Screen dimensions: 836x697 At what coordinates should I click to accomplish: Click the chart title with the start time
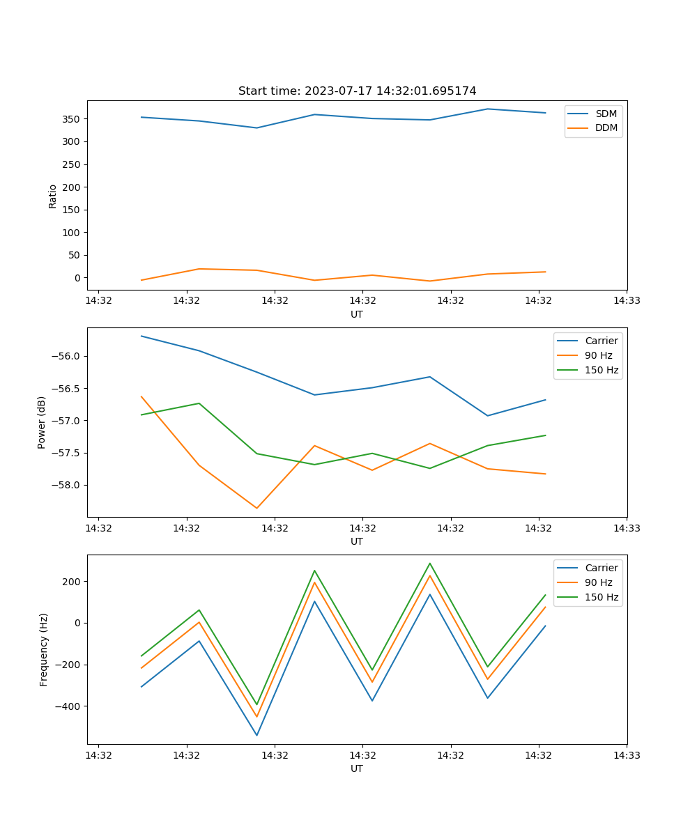[357, 91]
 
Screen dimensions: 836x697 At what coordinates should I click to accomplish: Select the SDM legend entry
[606, 114]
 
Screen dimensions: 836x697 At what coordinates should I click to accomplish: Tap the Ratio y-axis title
[53, 196]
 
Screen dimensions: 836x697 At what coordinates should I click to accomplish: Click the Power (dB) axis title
[42, 422]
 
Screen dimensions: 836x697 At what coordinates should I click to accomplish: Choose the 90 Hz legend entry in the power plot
[598, 355]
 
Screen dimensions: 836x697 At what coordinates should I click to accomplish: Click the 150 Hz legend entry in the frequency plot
[602, 597]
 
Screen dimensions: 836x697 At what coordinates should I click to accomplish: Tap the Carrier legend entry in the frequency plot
[601, 568]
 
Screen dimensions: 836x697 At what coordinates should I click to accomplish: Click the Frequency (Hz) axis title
[44, 649]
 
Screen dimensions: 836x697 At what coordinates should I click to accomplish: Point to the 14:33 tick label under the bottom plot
[627, 754]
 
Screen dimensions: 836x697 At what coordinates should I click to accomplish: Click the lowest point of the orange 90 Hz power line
[256, 508]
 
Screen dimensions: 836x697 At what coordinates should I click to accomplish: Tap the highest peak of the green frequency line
[430, 564]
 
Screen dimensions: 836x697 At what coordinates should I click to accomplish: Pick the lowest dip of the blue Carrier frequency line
[256, 735]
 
